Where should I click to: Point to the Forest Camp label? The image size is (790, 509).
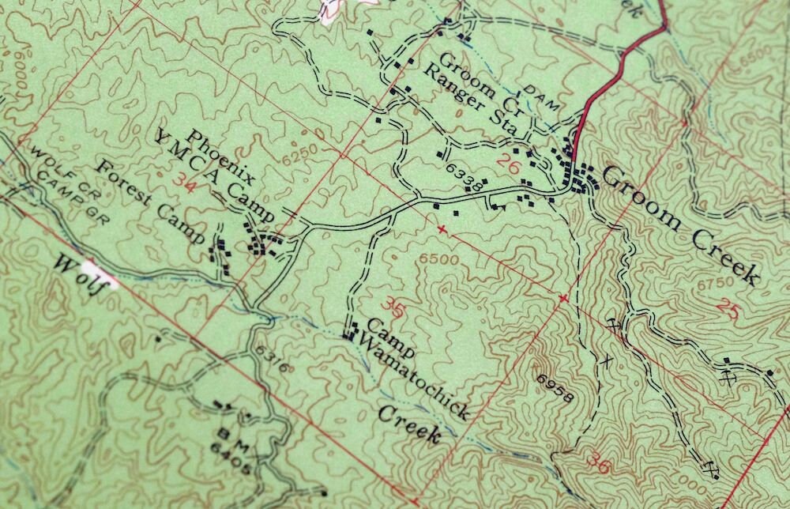point(151,201)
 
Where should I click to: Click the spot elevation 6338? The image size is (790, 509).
point(464,178)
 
